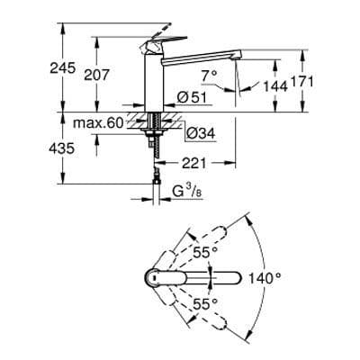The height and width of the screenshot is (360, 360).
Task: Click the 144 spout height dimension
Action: [x=274, y=86]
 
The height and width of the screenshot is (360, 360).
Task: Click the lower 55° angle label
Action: [x=209, y=305]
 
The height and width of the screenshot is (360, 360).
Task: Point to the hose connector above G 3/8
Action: [x=157, y=179]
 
